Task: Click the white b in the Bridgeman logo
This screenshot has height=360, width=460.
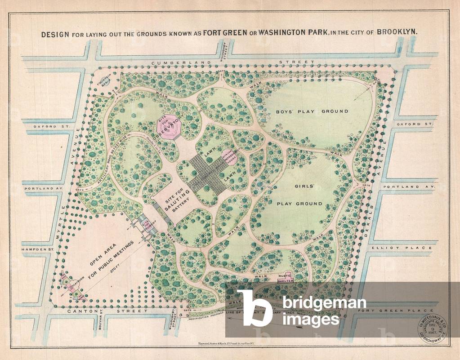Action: click(x=255, y=308)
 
